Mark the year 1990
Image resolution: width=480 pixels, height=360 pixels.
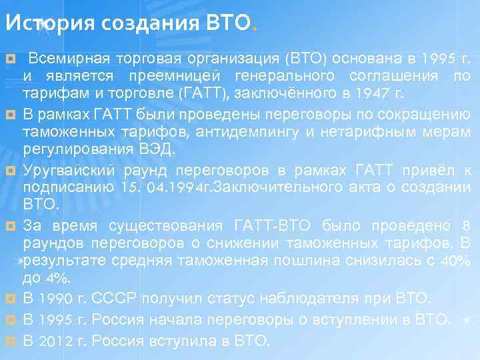(x=54, y=296)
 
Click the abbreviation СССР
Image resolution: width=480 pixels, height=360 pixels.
(x=109, y=296)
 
